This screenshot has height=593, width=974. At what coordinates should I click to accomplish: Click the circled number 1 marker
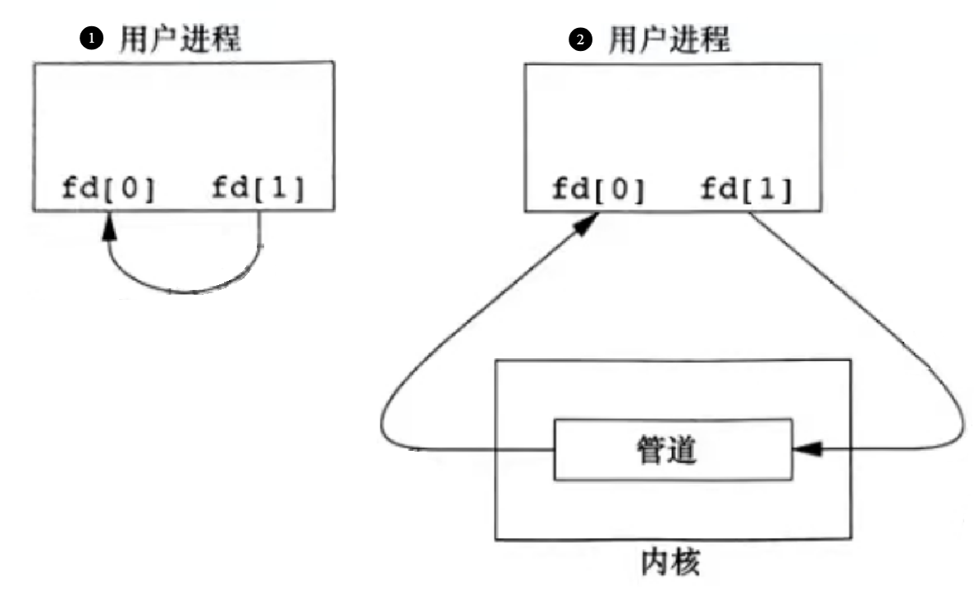(94, 39)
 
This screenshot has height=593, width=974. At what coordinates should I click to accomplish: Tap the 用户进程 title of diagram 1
(181, 39)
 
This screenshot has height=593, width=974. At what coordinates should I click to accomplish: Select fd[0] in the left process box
(108, 189)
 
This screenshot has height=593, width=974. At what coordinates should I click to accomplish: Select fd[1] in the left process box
(258, 189)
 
